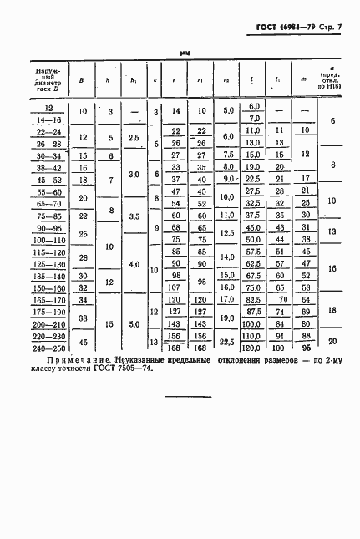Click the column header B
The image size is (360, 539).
point(81,81)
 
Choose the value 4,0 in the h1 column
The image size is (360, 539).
point(134,263)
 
